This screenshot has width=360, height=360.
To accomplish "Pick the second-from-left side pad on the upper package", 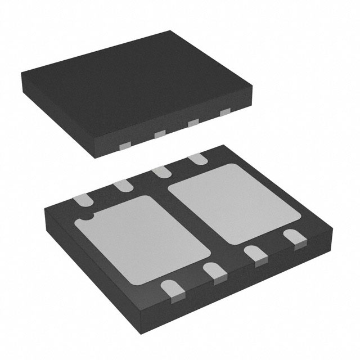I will pyautogui.click(x=159, y=134).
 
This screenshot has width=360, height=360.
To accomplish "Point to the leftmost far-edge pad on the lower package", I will pyautogui.click(x=85, y=198).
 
